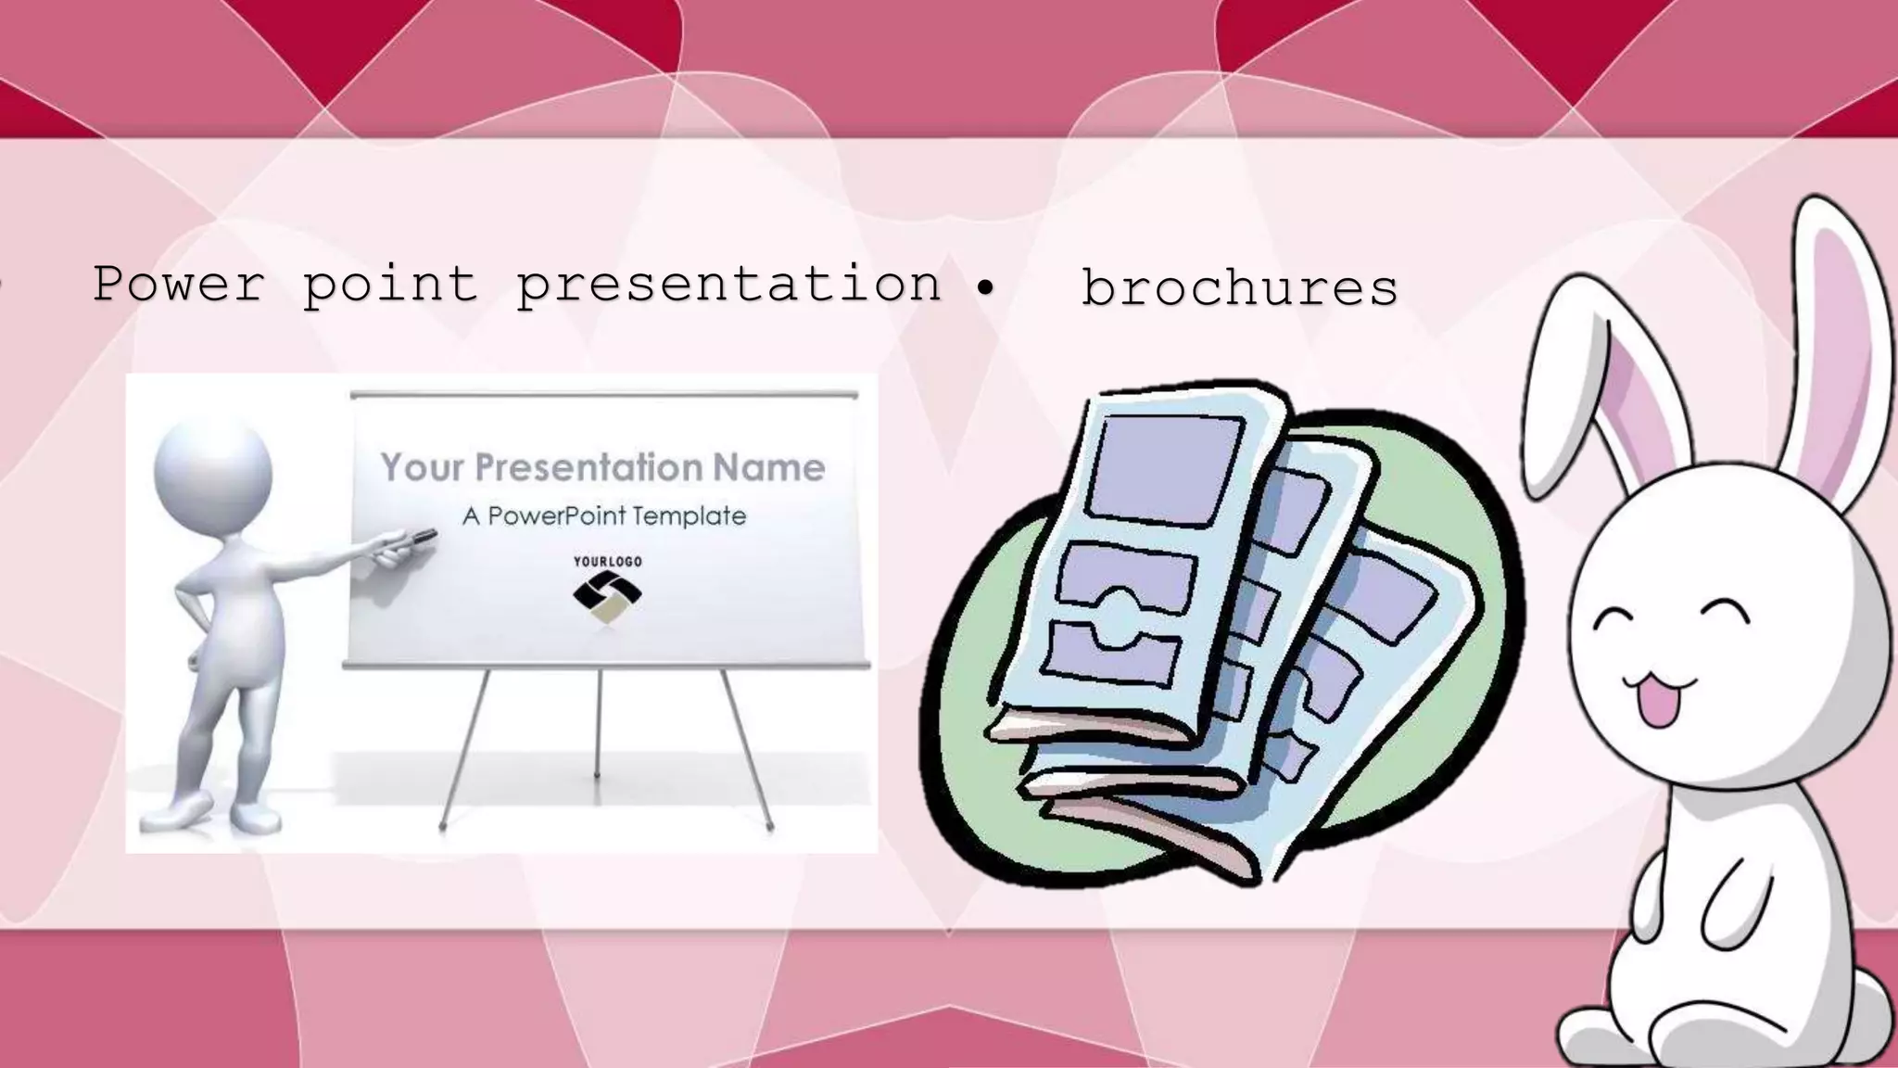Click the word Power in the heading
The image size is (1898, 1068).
178,283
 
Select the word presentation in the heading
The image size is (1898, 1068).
728,285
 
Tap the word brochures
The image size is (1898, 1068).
1239,287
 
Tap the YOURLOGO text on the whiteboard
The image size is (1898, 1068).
607,561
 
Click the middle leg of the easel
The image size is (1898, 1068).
598,723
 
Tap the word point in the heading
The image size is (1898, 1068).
389,285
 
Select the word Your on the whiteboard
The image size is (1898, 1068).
422,467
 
